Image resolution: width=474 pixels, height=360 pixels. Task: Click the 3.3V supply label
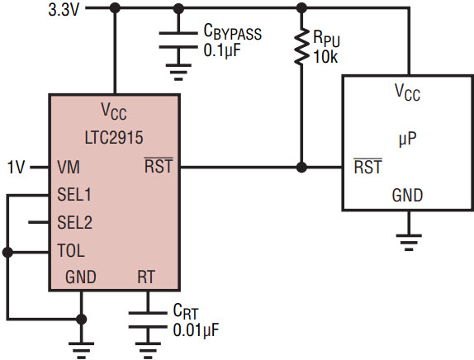click(x=64, y=10)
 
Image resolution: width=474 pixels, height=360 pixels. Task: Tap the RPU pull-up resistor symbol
click(x=301, y=46)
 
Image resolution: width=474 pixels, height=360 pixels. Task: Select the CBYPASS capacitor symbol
click(x=178, y=40)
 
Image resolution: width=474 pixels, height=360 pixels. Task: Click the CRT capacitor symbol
click(x=148, y=320)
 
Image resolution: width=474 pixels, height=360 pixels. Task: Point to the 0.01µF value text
click(x=196, y=330)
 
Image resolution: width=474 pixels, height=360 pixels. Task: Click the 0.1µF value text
click(x=222, y=50)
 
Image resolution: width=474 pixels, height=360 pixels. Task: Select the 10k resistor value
click(x=325, y=57)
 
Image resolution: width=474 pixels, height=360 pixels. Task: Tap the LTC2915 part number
click(x=114, y=138)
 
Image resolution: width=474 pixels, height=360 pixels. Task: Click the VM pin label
click(x=69, y=167)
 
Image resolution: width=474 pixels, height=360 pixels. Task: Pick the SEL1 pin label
click(x=74, y=194)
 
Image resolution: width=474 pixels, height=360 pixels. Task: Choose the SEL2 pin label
click(x=74, y=222)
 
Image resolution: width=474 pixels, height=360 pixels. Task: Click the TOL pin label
click(x=71, y=250)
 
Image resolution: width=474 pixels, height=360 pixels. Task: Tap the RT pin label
click(x=146, y=277)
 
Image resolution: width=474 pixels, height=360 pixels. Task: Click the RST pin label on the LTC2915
click(x=159, y=166)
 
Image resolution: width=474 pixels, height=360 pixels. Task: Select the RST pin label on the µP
click(x=368, y=166)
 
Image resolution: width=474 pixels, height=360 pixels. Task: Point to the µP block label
click(x=407, y=139)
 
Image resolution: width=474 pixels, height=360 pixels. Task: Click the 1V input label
click(x=16, y=167)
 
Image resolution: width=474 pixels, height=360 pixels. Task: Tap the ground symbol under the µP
click(x=409, y=242)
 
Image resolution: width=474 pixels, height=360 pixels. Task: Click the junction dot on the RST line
click(x=301, y=167)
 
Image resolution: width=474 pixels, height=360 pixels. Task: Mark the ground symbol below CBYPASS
click(x=178, y=73)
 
